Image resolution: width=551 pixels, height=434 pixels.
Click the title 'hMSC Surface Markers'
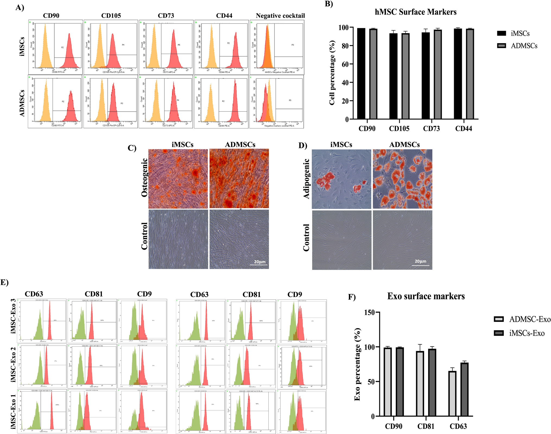[416, 12]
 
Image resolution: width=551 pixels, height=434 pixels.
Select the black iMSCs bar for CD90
[361, 73]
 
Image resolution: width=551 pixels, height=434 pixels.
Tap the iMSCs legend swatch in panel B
[501, 33]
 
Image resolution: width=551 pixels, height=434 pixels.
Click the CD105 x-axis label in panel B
[399, 129]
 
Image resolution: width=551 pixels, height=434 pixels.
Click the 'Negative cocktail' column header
[280, 16]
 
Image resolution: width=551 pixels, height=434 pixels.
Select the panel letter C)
[132, 148]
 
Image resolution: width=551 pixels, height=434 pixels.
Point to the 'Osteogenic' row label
[144, 178]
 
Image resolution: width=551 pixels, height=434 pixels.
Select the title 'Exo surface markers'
[426, 296]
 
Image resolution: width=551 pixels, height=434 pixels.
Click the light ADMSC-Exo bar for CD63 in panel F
[452, 393]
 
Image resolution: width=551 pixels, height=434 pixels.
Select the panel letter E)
[5, 282]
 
